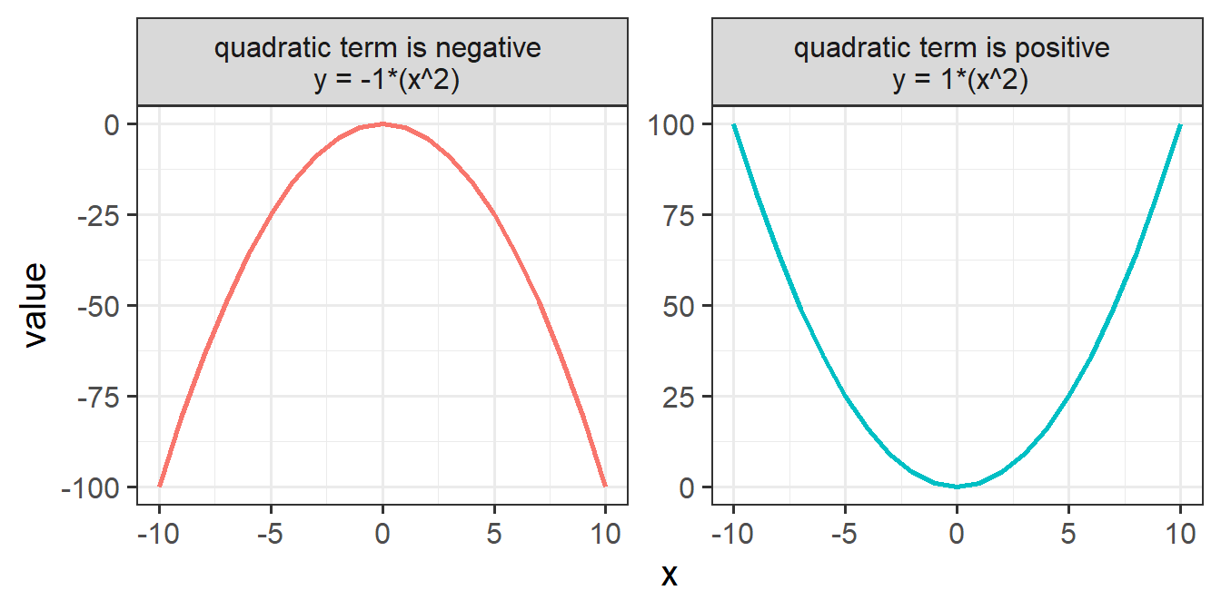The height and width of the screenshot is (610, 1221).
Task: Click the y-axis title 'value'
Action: [35, 305]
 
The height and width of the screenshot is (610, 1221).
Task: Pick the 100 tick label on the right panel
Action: [672, 124]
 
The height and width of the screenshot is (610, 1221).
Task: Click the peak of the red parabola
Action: [382, 124]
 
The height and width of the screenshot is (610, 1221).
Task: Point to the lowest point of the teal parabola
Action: [957, 487]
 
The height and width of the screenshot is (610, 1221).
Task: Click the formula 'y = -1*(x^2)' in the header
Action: [382, 81]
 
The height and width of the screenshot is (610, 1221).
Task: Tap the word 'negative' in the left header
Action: [491, 48]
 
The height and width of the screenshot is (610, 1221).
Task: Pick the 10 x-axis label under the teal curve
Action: [1180, 534]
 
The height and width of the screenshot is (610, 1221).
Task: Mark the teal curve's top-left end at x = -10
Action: [734, 124]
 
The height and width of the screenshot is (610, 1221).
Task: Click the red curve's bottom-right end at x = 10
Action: [605, 486]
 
